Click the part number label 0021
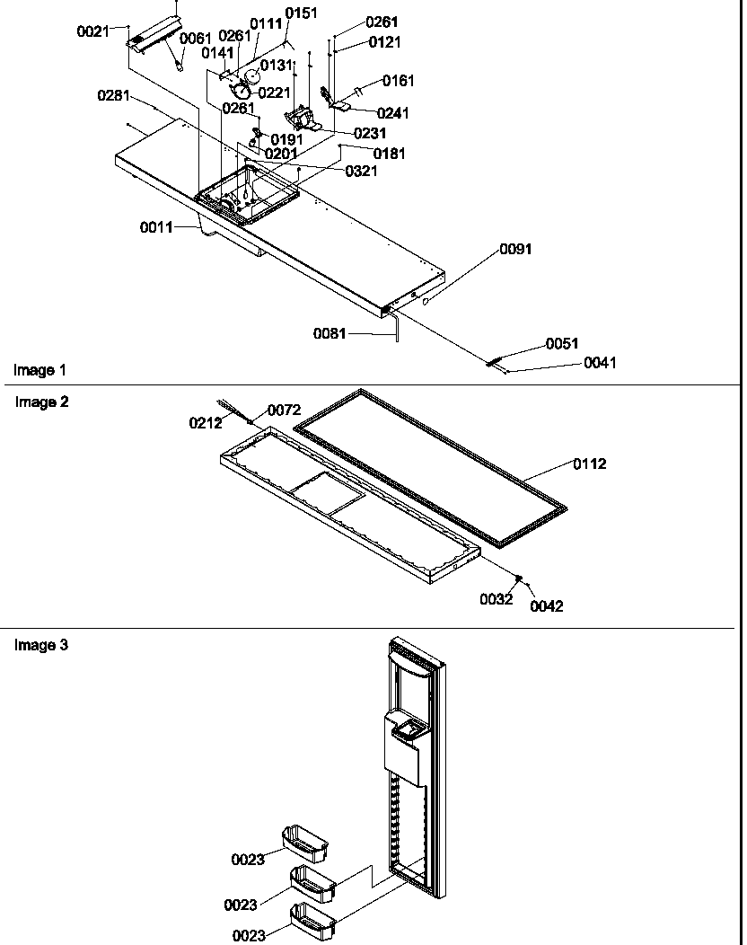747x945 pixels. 92,31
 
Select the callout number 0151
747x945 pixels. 300,13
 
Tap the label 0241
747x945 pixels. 392,113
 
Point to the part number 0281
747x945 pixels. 114,95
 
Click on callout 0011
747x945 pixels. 156,227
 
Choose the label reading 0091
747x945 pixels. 515,249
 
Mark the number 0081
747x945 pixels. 330,333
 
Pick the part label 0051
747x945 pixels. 562,343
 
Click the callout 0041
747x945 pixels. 600,363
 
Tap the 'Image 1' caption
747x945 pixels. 40,370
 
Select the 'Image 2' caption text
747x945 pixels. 41,402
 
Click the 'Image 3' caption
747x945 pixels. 41,645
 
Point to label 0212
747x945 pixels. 205,423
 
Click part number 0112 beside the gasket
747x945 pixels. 590,464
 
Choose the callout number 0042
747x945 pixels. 546,606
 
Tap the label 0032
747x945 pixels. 496,599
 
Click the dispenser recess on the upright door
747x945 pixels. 409,734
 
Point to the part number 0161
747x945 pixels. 399,81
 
